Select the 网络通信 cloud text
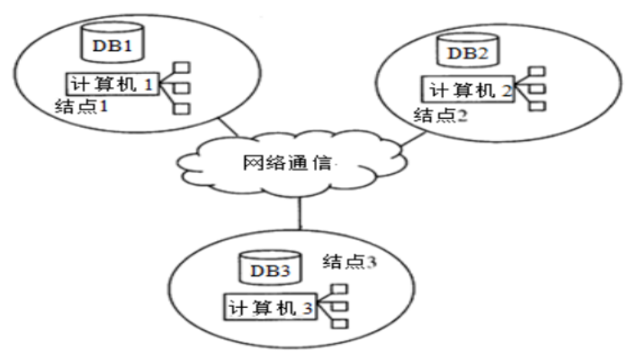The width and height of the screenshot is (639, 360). tap(287, 164)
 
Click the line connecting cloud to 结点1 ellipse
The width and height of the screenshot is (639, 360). tap(224, 127)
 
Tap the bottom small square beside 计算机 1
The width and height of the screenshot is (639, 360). tap(181, 109)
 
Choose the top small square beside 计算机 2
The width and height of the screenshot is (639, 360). tap(538, 70)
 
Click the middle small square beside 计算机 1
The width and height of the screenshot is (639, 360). tap(181, 88)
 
